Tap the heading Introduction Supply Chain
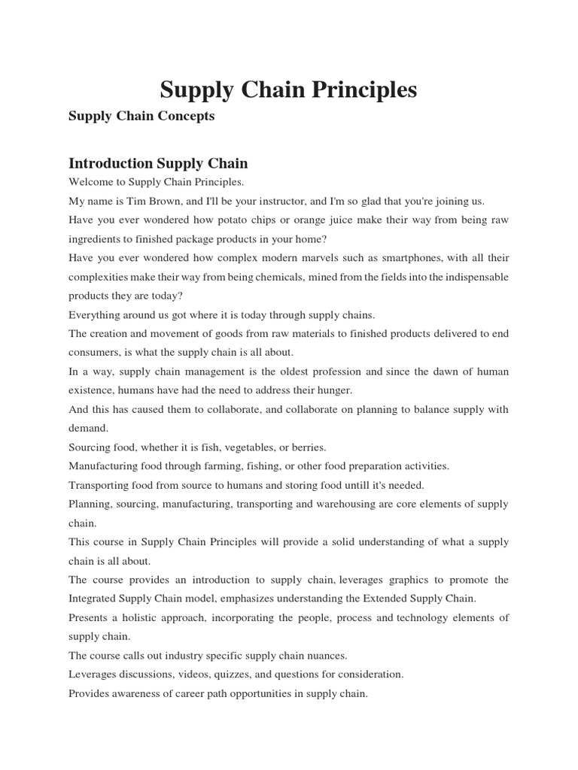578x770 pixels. point(158,163)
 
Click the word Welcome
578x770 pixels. point(90,182)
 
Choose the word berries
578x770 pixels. point(304,447)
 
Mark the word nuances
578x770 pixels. point(325,655)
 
